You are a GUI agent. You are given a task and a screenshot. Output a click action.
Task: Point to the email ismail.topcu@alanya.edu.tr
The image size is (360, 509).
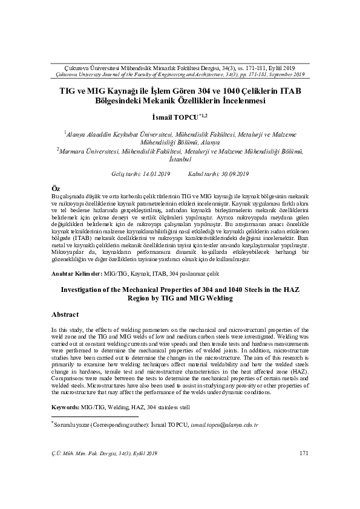[224, 426]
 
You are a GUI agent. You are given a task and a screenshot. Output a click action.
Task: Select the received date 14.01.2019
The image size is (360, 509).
[154, 174]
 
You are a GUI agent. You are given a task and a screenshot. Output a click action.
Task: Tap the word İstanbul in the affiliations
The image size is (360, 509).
[180, 159]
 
